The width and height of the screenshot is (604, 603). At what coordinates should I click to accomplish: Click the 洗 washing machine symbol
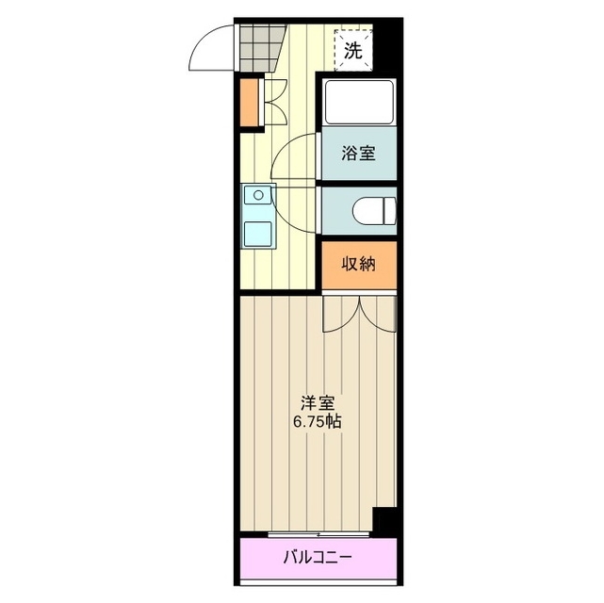click(x=352, y=52)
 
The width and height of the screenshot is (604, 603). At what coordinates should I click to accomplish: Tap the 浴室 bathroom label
click(x=358, y=154)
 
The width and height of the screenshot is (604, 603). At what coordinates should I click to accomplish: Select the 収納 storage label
click(x=358, y=265)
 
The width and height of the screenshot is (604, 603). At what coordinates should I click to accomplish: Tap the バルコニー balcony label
click(x=318, y=557)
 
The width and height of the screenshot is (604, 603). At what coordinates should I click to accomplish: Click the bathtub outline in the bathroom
click(x=358, y=104)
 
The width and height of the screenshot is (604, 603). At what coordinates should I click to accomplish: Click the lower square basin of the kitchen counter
click(x=255, y=231)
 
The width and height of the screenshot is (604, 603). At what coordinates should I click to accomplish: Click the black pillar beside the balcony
click(x=384, y=520)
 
